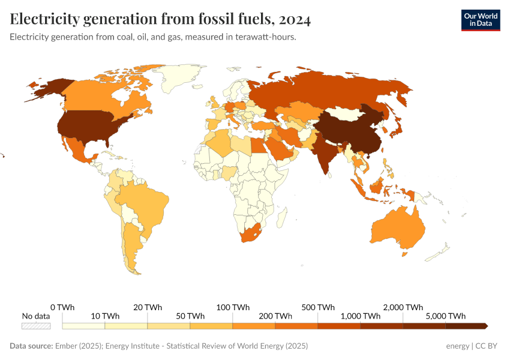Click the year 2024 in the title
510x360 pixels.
(x=294, y=20)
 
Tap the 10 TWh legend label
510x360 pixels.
(x=105, y=316)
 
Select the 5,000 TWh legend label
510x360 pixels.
(x=446, y=316)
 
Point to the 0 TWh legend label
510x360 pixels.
(x=62, y=307)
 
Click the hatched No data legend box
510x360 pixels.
(x=36, y=326)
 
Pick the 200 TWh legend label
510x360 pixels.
(x=275, y=316)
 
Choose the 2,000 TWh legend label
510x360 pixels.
(x=403, y=307)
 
